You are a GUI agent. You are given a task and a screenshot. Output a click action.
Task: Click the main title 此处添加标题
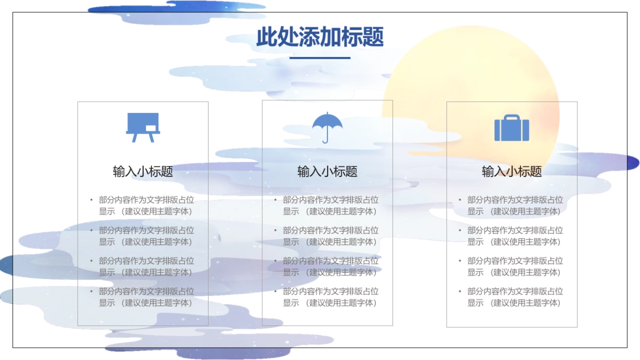[320, 37]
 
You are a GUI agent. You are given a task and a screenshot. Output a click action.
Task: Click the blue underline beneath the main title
[320, 58]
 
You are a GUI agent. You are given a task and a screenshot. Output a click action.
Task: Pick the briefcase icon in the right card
[511, 129]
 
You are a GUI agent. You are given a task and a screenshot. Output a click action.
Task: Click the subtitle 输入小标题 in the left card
[143, 171]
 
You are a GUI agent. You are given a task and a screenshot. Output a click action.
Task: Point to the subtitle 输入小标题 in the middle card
[327, 171]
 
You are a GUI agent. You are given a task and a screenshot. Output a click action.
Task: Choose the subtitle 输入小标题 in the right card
[511, 171]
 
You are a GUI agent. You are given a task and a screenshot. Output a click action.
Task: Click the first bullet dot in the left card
[91, 200]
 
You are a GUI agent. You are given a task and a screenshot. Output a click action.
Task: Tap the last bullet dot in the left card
[91, 291]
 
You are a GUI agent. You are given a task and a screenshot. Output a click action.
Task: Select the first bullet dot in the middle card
[276, 200]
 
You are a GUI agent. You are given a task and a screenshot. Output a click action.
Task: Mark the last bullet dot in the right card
[460, 291]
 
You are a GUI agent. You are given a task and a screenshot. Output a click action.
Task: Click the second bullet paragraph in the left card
[146, 236]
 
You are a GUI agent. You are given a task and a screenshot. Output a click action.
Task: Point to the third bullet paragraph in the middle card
[331, 266]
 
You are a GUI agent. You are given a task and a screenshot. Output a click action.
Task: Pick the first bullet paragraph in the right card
[515, 205]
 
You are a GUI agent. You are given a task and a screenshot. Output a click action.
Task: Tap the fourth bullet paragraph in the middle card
[331, 297]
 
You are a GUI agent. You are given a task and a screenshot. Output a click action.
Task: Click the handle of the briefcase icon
[511, 117]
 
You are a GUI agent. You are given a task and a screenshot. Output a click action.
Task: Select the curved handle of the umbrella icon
[325, 141]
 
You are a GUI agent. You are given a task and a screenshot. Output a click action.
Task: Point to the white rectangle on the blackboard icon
[151, 128]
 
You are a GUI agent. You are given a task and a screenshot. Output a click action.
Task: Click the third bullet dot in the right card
[460, 261]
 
